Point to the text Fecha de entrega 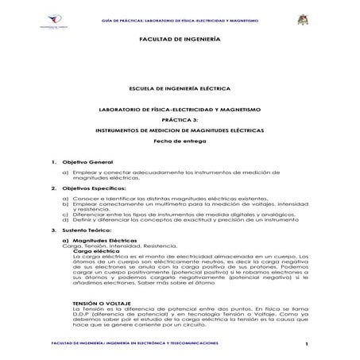point(180,141)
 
